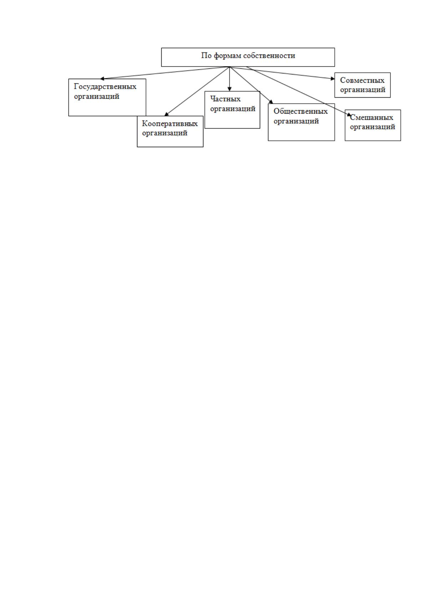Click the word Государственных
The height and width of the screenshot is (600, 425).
105,87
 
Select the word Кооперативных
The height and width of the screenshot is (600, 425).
170,124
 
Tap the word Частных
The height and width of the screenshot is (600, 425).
226,99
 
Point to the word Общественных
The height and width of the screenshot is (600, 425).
300,112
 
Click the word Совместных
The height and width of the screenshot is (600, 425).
362,81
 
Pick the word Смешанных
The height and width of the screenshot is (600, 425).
371,117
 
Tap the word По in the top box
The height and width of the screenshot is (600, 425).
206,56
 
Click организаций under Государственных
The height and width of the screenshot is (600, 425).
97,97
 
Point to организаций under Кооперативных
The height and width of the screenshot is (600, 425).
165,133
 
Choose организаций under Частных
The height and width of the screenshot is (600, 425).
233,109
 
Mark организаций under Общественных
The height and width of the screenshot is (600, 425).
296,121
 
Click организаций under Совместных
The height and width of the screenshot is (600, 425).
363,90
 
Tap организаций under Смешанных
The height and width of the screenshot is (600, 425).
373,127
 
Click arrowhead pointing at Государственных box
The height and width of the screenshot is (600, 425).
102,79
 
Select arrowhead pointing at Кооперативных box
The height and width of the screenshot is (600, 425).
166,114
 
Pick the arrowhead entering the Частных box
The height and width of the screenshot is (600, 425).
229,89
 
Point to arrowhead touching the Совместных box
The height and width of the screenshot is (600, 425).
333,78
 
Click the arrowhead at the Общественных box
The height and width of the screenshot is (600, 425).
271,102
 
